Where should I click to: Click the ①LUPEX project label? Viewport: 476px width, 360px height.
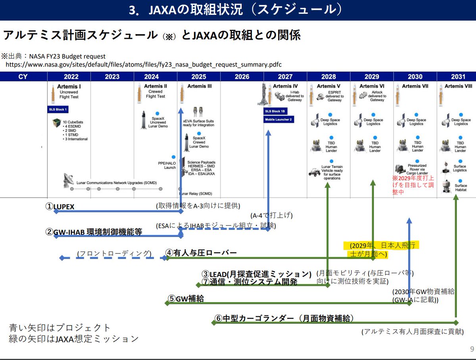[x=60, y=207]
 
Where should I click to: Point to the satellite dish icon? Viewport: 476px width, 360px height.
[x=68, y=180]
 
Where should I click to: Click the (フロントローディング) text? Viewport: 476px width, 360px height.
[x=115, y=253]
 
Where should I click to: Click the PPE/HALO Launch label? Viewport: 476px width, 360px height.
[x=167, y=165]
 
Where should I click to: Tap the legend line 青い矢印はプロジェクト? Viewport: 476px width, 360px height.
[x=59, y=328]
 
